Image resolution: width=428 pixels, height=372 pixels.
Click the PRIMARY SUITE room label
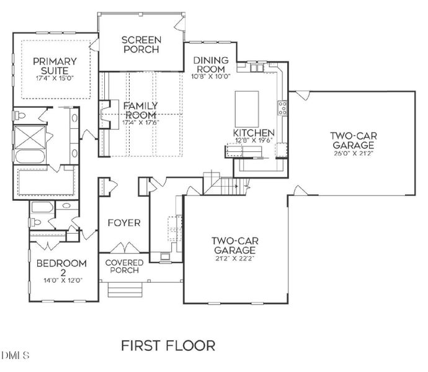coord(55,66)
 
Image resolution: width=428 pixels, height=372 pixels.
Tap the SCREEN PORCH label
coord(141,45)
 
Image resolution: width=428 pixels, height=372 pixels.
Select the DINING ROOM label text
coord(211,64)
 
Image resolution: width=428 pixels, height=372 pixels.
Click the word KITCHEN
coord(254,133)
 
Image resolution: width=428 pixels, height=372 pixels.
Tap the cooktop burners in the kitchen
coord(283,108)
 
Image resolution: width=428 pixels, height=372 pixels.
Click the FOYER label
coord(124,223)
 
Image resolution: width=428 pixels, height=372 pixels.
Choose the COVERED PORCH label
coord(124,267)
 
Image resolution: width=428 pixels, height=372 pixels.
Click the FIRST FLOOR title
coord(167,345)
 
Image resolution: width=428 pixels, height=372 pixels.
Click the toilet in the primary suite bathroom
coord(20,115)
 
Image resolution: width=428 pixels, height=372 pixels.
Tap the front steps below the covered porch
coord(125,289)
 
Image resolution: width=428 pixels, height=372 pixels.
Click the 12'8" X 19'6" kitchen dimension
coord(254,141)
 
